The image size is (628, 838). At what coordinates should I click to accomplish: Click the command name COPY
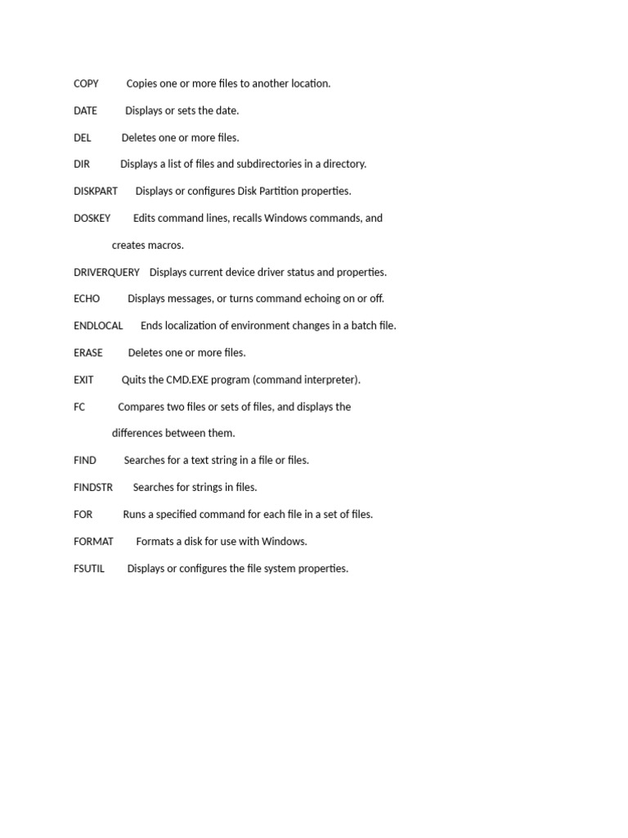point(86,83)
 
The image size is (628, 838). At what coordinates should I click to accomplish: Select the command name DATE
point(85,110)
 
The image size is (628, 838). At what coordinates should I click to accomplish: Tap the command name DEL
point(82,137)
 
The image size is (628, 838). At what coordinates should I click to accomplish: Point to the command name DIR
point(82,164)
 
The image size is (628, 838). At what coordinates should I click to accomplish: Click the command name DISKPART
point(96,191)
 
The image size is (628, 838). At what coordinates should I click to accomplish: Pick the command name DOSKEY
point(92,219)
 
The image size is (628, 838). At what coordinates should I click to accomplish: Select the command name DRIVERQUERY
point(106,272)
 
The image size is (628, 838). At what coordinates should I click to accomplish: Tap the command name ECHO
point(87,299)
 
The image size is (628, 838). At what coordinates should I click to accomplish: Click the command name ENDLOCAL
point(98,326)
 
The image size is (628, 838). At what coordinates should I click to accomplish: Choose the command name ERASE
point(88,353)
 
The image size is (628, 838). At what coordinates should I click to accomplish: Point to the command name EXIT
point(83,380)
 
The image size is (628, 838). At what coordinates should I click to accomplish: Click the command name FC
point(79,407)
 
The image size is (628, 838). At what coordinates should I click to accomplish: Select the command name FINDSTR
point(93,487)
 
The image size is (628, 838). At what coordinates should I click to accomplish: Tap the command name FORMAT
point(93,541)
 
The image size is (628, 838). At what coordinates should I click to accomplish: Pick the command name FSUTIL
point(89,568)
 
